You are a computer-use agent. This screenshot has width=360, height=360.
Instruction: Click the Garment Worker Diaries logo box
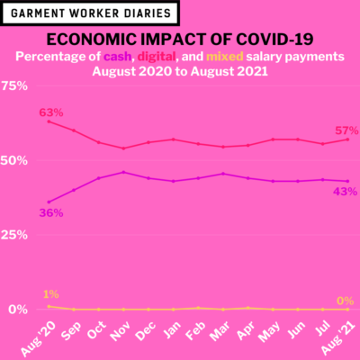(x=90, y=13)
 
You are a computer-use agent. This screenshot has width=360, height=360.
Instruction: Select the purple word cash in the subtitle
(x=118, y=57)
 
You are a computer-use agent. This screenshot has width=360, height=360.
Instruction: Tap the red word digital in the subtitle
(x=157, y=57)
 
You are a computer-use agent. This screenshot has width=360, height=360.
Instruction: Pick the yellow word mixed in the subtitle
(x=225, y=57)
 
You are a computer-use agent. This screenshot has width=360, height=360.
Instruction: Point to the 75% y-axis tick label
(x=14, y=86)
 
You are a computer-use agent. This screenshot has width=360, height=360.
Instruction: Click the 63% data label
(x=51, y=112)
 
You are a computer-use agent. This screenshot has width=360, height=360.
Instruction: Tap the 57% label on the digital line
(x=346, y=130)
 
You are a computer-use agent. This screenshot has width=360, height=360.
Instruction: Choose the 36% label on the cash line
(x=51, y=213)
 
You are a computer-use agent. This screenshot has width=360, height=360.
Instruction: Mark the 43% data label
(x=345, y=192)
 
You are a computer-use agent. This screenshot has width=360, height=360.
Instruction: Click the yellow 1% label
(x=51, y=294)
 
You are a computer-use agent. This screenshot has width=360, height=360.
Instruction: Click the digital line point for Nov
(x=123, y=148)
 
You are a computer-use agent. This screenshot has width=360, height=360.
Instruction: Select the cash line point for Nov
(x=123, y=172)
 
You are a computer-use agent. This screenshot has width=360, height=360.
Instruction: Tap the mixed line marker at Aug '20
(x=49, y=306)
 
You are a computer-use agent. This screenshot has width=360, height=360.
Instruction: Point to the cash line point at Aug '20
(x=49, y=202)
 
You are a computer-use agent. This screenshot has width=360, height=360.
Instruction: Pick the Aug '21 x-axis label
(x=337, y=339)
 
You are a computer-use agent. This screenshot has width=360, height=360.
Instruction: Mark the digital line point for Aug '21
(x=347, y=139)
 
